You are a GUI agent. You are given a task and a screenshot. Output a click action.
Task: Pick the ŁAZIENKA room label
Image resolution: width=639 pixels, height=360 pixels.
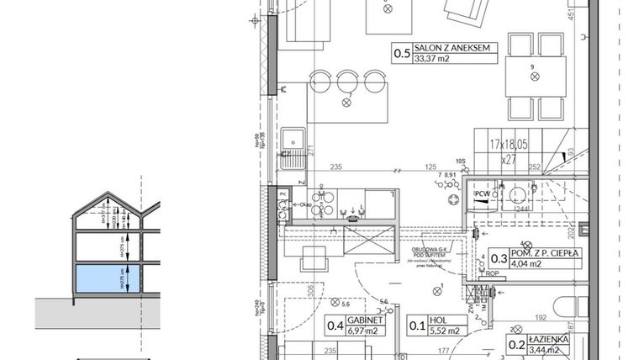click(x=549, y=338)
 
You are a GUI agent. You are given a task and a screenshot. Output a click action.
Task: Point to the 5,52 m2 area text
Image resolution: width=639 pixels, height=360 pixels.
click(x=446, y=331)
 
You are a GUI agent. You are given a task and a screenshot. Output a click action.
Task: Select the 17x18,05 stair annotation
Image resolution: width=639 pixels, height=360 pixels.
click(x=509, y=145)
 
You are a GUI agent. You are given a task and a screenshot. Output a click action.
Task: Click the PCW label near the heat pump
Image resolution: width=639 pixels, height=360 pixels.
click(x=482, y=195)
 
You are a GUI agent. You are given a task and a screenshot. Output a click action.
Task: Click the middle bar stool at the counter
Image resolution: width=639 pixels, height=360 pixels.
click(x=347, y=82)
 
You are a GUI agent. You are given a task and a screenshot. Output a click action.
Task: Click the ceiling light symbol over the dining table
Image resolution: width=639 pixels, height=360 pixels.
click(x=533, y=77)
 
